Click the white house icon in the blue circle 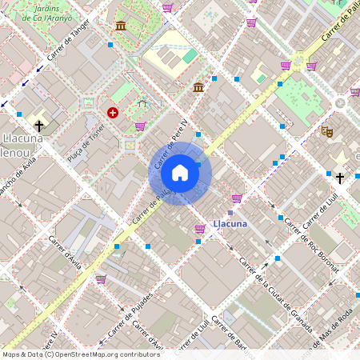180,173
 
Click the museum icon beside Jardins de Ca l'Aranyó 121,26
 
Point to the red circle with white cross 113,113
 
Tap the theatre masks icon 326,130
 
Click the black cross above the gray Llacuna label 38,126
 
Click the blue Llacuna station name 230,224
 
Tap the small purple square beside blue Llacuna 230,212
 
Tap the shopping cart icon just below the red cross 140,126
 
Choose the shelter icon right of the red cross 142,102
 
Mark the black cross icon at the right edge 339,177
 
